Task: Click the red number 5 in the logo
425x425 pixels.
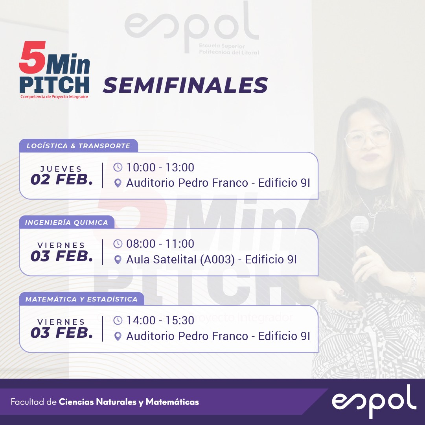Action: pyautogui.click(x=33, y=57)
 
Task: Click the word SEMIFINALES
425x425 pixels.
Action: pyautogui.click(x=186, y=85)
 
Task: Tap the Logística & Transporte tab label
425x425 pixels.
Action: pyautogui.click(x=78, y=146)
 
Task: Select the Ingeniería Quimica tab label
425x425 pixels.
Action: pyautogui.click(x=66, y=223)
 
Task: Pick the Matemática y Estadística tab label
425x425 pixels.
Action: pyautogui.click(x=81, y=299)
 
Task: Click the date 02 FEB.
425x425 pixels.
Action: pyautogui.click(x=62, y=180)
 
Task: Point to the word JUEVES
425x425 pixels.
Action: pyautogui.click(x=61, y=169)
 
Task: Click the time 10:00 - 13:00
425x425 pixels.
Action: pyautogui.click(x=160, y=167)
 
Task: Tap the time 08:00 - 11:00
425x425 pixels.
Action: pyautogui.click(x=160, y=244)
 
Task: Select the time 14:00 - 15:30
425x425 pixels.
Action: pyautogui.click(x=160, y=320)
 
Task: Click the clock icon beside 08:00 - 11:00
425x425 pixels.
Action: pyautogui.click(x=118, y=244)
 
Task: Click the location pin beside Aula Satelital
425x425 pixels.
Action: pyautogui.click(x=118, y=259)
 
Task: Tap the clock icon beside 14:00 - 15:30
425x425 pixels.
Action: pyautogui.click(x=118, y=320)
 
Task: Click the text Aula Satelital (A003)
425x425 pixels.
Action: pyautogui.click(x=180, y=259)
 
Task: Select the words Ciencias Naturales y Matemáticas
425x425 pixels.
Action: pyautogui.click(x=129, y=402)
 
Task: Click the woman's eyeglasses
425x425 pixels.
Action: pyautogui.click(x=368, y=139)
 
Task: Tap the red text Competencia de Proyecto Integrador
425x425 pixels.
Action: pyautogui.click(x=55, y=97)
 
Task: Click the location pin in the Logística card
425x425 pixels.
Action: pyautogui.click(x=118, y=183)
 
